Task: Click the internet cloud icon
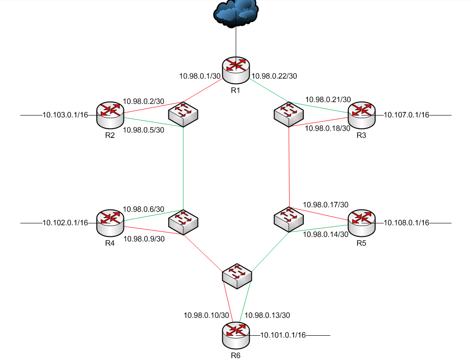pyautogui.click(x=236, y=13)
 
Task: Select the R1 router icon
pyautogui.click(x=236, y=70)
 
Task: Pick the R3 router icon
pyautogui.click(x=361, y=114)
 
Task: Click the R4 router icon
pyautogui.click(x=110, y=222)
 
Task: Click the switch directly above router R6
pyautogui.click(x=237, y=276)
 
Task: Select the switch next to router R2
pyautogui.click(x=183, y=115)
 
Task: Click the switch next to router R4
pyautogui.click(x=183, y=222)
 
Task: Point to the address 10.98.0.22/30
pyautogui.click(x=275, y=76)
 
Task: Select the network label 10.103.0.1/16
pyautogui.click(x=65, y=115)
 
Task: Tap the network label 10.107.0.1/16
pyautogui.click(x=407, y=115)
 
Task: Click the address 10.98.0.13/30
pyautogui.click(x=268, y=315)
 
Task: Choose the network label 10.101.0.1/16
pyautogui.click(x=283, y=335)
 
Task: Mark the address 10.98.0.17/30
pyautogui.click(x=326, y=204)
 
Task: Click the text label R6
pyautogui.click(x=236, y=355)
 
